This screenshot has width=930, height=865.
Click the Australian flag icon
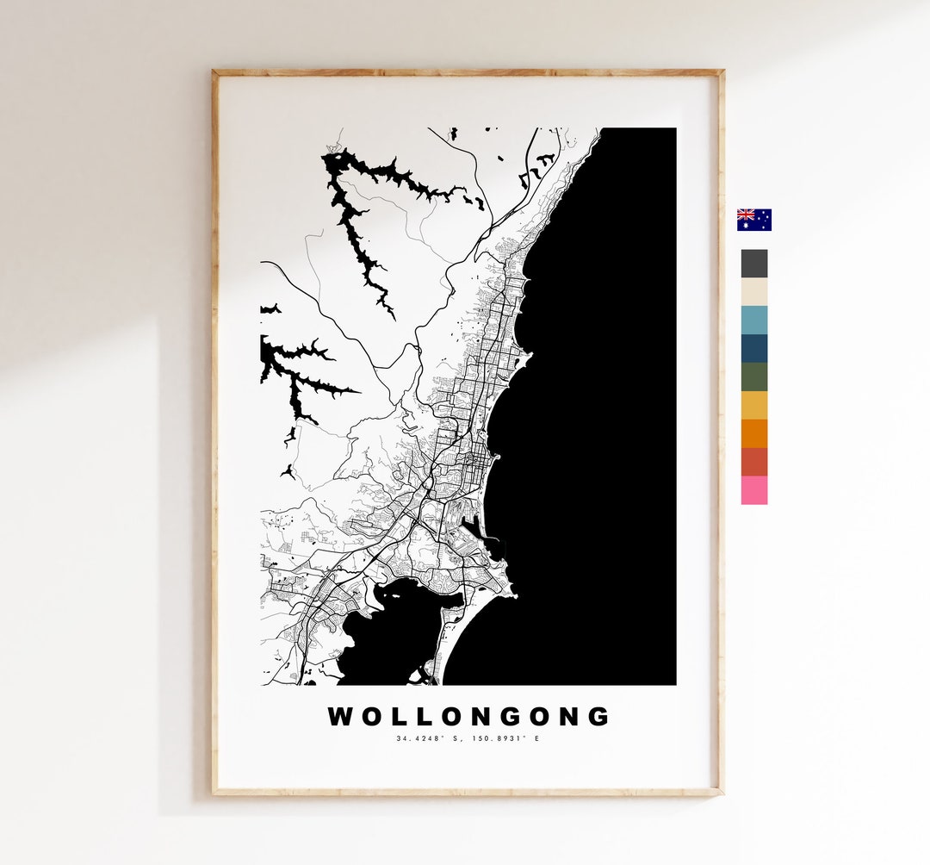click(x=753, y=220)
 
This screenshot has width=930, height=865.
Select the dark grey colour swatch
click(x=753, y=264)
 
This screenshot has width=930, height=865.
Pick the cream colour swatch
click(x=753, y=292)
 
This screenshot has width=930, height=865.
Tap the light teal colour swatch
click(x=753, y=320)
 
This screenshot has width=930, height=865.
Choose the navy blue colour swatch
click(x=753, y=348)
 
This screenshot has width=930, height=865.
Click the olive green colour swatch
click(x=753, y=376)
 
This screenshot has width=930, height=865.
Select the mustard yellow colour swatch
click(x=753, y=405)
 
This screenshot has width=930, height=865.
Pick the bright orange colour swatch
click(x=753, y=433)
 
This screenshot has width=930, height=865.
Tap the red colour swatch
click(x=753, y=462)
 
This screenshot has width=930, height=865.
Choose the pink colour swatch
click(x=753, y=490)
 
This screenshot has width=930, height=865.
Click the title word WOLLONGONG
click(x=468, y=717)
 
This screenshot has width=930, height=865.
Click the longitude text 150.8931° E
click(x=508, y=738)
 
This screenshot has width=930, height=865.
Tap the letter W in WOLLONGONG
click(x=339, y=717)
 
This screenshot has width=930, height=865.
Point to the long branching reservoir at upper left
click(x=353, y=215)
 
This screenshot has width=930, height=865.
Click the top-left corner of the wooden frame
click(x=214, y=72)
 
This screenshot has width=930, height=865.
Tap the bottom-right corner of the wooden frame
click(x=721, y=792)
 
